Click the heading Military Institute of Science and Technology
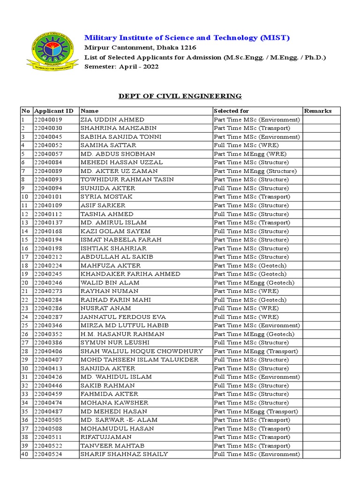pos(187,37)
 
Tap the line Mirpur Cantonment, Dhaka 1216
pos(140,48)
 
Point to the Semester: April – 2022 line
pos(121,67)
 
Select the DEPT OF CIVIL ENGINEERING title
pos(180,96)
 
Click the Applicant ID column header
pos(53,111)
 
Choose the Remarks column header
pos(318,111)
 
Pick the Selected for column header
pos(231,111)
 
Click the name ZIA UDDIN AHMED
pos(112,120)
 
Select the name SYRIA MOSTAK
pos(106,197)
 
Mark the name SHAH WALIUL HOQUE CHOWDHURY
pos(142,351)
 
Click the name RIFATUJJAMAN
pos(107,437)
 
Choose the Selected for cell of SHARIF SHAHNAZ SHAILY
pos(256,454)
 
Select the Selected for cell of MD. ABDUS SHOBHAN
pos(250,154)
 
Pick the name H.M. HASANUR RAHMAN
pos(122,334)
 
